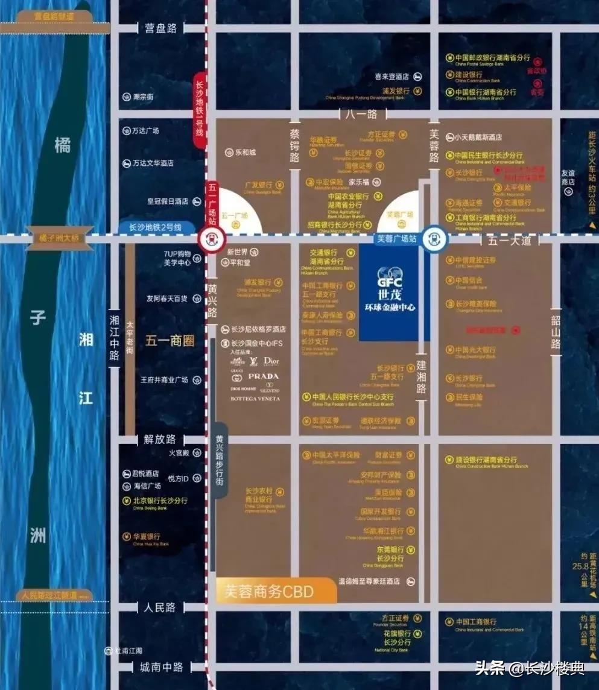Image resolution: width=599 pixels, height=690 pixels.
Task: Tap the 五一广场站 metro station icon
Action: [216, 238]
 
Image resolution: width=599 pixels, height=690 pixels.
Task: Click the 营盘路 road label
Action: [160, 28]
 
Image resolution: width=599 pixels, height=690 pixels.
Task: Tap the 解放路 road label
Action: [160, 439]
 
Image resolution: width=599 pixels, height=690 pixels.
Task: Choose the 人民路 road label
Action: [160, 607]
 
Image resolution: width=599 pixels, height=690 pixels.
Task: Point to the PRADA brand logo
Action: [264, 376]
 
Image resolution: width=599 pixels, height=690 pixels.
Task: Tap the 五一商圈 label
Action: [170, 341]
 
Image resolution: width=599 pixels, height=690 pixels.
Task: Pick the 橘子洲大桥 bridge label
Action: [59, 238]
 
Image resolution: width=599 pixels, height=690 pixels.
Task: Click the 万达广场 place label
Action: [145, 130]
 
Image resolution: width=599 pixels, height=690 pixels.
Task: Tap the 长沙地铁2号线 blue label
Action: [155, 227]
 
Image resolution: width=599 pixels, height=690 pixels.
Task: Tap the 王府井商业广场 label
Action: [164, 380]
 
